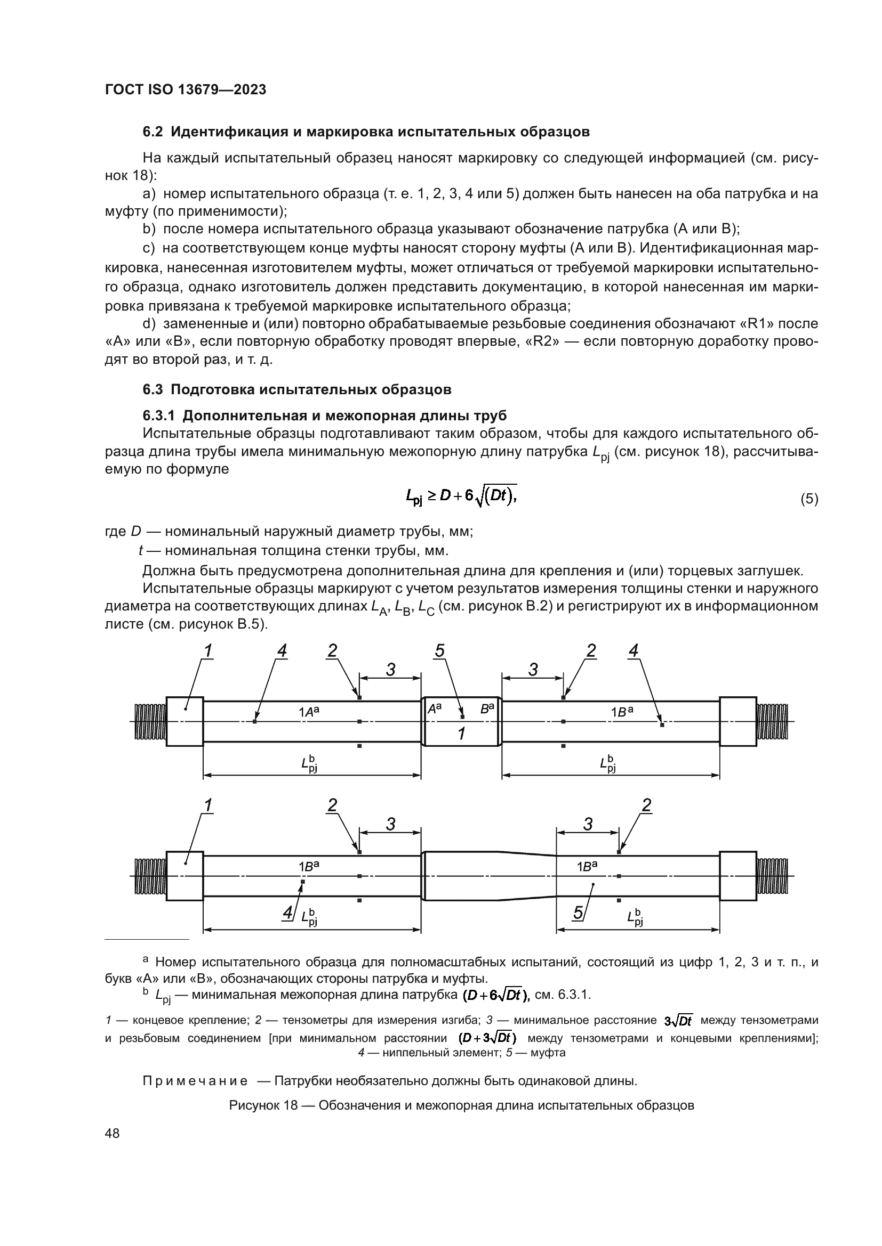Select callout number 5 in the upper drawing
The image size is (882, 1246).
click(440, 651)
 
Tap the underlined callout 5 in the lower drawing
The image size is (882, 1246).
click(579, 914)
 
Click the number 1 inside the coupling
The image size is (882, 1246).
click(461, 734)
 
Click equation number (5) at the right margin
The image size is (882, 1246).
click(809, 499)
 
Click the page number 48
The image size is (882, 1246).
click(113, 1133)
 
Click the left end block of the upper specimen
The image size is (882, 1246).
click(185, 722)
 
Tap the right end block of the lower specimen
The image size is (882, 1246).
click(738, 876)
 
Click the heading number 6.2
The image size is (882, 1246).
click(153, 132)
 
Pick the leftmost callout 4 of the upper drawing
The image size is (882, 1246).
click(282, 651)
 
